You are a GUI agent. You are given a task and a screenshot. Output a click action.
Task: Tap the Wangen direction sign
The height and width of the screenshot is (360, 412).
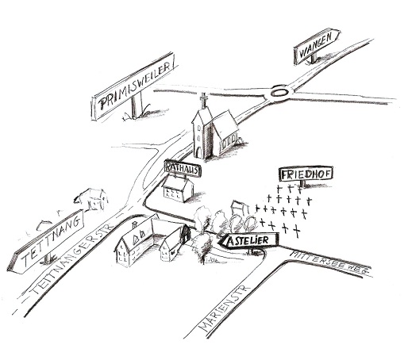tap(316, 45)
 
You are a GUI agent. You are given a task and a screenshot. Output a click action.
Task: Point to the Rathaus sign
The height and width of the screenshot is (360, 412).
tap(183, 168)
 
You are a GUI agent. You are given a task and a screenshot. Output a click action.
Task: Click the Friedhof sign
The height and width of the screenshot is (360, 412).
tap(306, 174)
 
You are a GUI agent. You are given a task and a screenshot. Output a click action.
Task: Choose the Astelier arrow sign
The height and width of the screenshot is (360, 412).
tap(248, 240)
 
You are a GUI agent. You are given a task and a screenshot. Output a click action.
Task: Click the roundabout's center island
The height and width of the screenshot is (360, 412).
tap(279, 93)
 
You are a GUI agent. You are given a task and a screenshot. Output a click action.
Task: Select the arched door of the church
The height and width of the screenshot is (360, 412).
tap(198, 152)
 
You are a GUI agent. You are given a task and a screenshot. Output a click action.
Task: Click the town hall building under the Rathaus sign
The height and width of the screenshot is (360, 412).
tap(178, 189)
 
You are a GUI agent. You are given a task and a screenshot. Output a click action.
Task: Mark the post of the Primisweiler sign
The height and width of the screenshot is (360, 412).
tap(137, 105)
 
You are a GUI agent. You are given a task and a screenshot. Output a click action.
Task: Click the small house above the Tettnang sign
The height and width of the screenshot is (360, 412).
tap(92, 200)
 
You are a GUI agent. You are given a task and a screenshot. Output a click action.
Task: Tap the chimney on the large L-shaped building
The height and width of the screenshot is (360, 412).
tap(135, 225)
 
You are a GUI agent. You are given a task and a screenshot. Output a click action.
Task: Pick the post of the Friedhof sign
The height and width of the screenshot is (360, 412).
tap(302, 183)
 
